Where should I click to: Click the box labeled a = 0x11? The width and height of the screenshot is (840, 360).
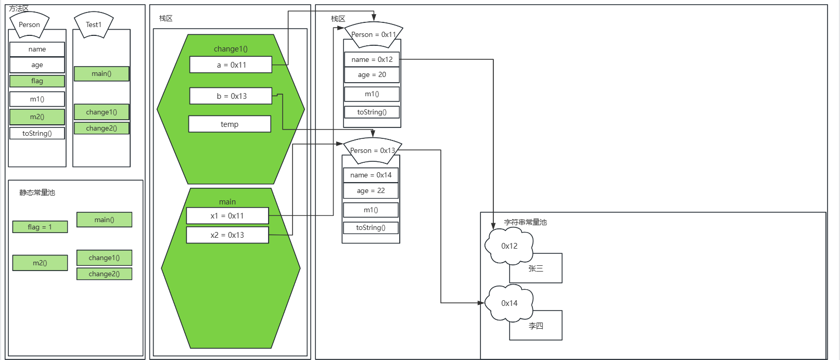pyautogui.click(x=231, y=65)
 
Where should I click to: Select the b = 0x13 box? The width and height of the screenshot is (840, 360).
pyautogui.click(x=231, y=96)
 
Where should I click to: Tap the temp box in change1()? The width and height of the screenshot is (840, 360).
pyautogui.click(x=230, y=124)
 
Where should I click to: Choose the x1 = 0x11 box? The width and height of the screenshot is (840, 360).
pyautogui.click(x=227, y=216)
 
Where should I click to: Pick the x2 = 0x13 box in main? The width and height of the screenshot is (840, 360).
pyautogui.click(x=227, y=235)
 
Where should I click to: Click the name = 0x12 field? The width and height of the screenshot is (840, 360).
pyautogui.click(x=372, y=60)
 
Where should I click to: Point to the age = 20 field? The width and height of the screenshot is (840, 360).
pyautogui.click(x=372, y=75)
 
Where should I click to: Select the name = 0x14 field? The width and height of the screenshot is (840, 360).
pyautogui.click(x=371, y=175)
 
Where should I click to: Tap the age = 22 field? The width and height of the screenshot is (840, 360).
pyautogui.click(x=371, y=191)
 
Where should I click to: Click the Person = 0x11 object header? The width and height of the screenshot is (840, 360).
pyautogui.click(x=373, y=34)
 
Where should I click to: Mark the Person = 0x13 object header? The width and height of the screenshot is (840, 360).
pyautogui.click(x=372, y=150)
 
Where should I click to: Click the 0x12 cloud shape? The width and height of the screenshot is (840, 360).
pyautogui.click(x=509, y=246)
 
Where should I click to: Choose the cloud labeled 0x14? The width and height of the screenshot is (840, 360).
pyautogui.click(x=509, y=303)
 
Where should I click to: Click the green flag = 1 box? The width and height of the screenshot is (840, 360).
pyautogui.click(x=40, y=227)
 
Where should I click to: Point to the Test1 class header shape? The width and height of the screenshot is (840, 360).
pyautogui.click(x=94, y=24)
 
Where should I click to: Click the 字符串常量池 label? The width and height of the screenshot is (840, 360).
pyautogui.click(x=525, y=223)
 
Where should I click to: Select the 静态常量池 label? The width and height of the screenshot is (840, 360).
pyautogui.click(x=37, y=193)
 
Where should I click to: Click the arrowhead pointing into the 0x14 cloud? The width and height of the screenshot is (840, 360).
pyautogui.click(x=481, y=303)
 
